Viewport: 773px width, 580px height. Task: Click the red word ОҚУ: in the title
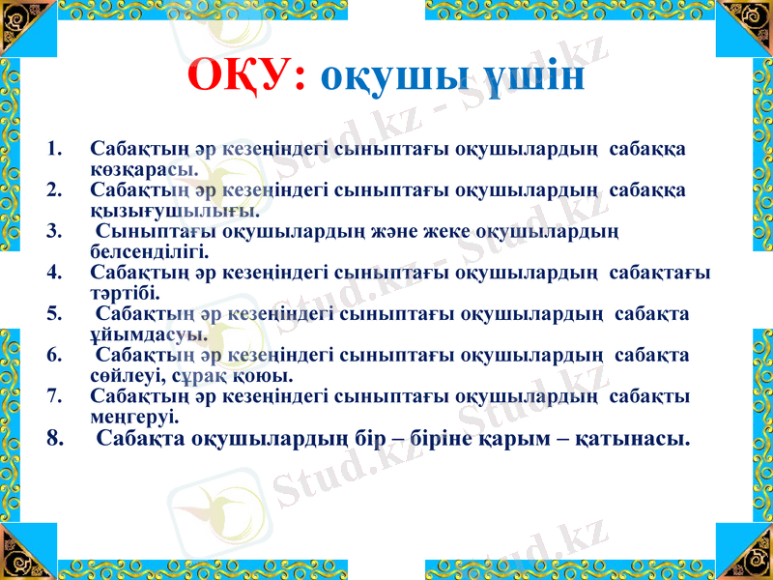pos(245,75)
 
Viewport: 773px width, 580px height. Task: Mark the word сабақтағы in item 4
pos(661,273)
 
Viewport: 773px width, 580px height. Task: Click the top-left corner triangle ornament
pos(21,21)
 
